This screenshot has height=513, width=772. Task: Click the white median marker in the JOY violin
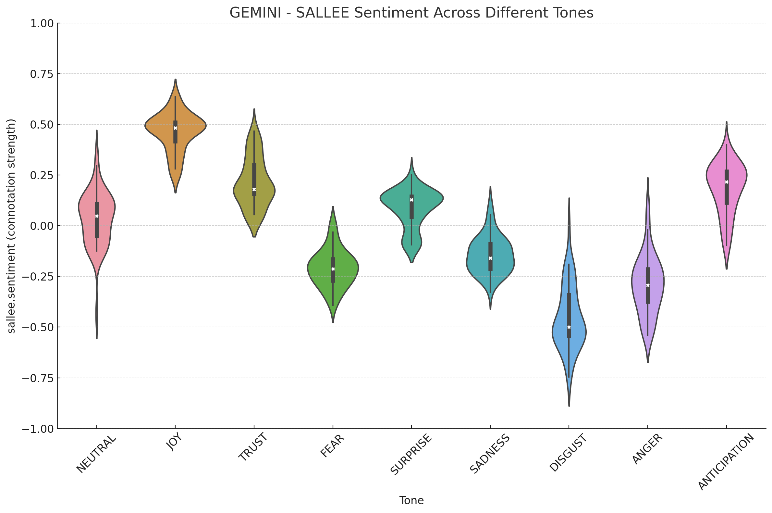tap(175, 128)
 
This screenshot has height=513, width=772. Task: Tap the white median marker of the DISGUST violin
tap(569, 327)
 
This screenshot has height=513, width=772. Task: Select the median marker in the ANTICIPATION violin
tap(727, 182)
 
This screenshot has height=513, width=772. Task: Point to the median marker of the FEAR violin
tap(333, 269)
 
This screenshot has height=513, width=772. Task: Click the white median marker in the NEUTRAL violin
tap(97, 216)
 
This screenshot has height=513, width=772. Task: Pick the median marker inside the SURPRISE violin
tap(412, 200)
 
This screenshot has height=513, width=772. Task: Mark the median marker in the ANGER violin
tap(648, 285)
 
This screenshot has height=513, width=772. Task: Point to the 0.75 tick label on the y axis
tap(42, 74)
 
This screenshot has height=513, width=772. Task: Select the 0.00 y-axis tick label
tap(42, 226)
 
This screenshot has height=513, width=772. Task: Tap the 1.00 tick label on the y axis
tap(42, 24)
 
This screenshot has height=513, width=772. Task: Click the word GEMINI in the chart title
tap(255, 13)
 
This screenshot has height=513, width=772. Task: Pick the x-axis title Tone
tap(411, 501)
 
